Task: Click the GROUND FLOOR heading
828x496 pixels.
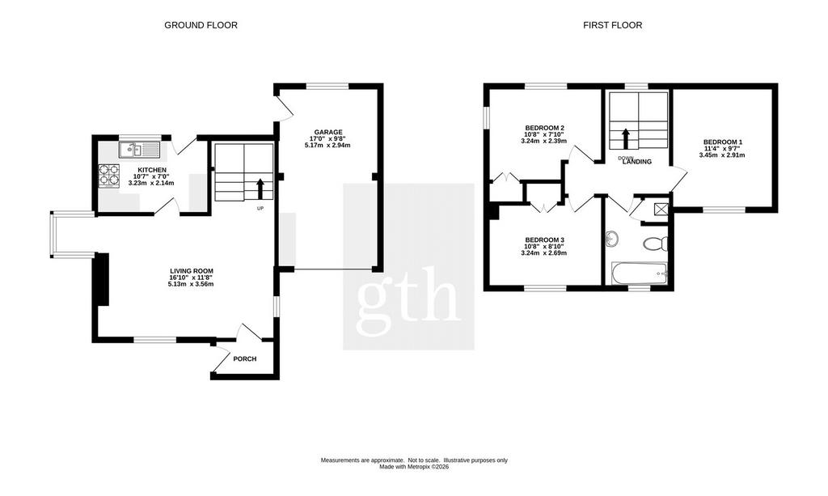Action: click(201, 25)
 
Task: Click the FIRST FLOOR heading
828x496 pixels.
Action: click(613, 25)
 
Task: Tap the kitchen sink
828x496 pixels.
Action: click(139, 150)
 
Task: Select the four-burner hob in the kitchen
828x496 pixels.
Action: click(109, 176)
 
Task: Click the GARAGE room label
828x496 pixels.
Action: click(328, 132)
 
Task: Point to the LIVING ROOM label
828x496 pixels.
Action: click(191, 271)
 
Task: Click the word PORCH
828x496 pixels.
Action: click(244, 359)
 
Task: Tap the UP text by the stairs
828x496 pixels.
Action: click(260, 208)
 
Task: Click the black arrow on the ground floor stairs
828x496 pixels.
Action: click(260, 189)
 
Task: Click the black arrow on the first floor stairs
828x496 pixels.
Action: click(625, 139)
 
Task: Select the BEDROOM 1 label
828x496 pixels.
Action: click(723, 142)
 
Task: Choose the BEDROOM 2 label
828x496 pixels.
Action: click(544, 128)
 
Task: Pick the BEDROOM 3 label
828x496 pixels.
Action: click(544, 240)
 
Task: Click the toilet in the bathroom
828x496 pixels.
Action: click(656, 244)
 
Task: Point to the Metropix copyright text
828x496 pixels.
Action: click(414, 467)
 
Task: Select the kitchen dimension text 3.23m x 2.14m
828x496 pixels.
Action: click(151, 183)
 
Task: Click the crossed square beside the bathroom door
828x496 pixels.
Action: click(661, 209)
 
